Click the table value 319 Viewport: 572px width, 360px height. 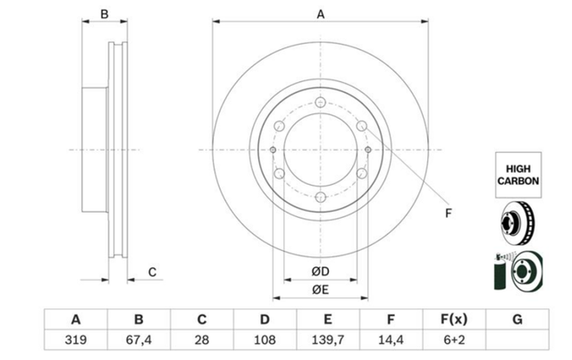point(75,340)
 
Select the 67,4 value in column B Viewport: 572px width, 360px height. point(139,340)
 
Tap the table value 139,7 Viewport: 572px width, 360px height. point(328,340)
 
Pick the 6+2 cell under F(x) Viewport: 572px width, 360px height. point(454,340)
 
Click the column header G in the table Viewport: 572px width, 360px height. point(517,320)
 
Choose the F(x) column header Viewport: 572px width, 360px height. point(454,320)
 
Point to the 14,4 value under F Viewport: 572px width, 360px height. point(391,340)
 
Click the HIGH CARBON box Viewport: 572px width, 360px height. point(518,175)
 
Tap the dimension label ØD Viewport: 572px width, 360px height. point(320,272)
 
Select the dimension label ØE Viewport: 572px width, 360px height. point(320,289)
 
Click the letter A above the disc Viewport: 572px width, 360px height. point(320,14)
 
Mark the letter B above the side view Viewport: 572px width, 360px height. point(105,14)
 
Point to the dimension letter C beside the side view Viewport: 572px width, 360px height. point(152,272)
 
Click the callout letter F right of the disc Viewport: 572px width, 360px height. point(449,213)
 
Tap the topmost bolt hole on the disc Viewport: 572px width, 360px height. point(320,102)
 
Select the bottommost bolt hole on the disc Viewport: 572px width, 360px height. point(320,197)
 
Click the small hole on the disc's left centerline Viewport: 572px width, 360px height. point(273,149)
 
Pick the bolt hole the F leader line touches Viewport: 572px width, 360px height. point(361,126)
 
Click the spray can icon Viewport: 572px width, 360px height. point(500,272)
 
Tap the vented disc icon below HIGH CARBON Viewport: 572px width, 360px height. point(518,222)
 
